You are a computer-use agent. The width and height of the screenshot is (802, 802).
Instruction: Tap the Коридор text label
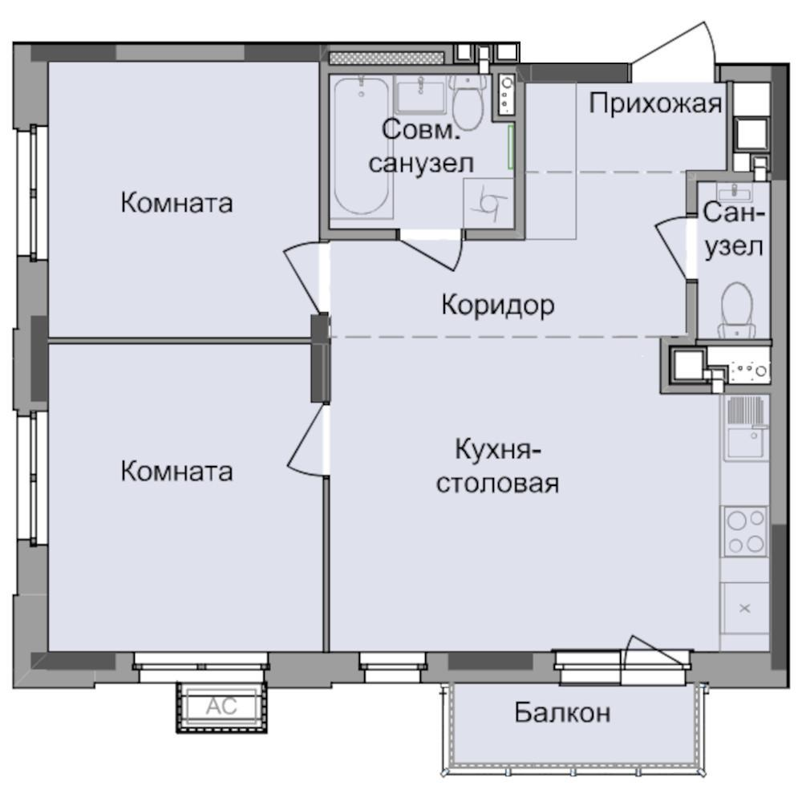(x=497, y=305)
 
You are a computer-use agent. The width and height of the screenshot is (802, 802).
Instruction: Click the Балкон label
(x=563, y=711)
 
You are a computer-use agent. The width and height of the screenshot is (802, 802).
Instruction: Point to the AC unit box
(x=220, y=707)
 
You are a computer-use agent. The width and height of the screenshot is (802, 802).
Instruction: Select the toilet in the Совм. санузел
(x=466, y=104)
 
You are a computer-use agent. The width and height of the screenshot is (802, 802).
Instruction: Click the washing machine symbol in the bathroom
(x=488, y=202)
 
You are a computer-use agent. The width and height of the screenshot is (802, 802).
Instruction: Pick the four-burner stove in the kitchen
(x=745, y=531)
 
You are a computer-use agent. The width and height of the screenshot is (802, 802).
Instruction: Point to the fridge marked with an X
(x=744, y=609)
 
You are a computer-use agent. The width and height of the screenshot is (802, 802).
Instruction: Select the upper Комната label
(x=176, y=202)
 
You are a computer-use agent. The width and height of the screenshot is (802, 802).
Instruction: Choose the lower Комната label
(x=176, y=471)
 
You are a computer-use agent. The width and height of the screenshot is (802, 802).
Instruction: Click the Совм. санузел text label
(x=420, y=146)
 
